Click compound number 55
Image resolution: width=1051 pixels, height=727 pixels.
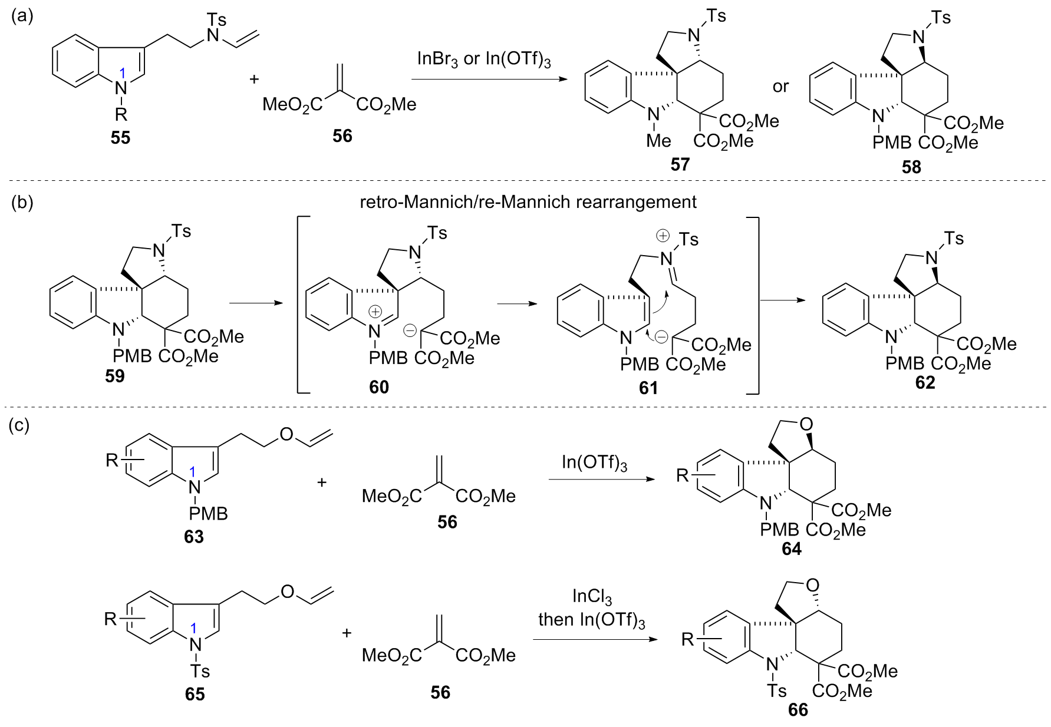click(x=120, y=138)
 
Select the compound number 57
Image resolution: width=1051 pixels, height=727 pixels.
click(x=680, y=164)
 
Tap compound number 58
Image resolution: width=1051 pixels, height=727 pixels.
click(x=911, y=167)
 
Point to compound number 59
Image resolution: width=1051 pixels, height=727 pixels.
click(x=115, y=376)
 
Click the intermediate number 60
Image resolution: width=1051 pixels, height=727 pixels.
click(x=379, y=387)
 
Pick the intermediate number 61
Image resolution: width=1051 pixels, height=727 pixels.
click(x=648, y=388)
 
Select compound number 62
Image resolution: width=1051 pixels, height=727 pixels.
click(x=925, y=383)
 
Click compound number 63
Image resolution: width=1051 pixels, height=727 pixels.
click(x=194, y=537)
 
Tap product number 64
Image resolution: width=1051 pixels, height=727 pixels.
click(x=792, y=549)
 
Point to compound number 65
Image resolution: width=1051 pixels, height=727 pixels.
click(x=195, y=694)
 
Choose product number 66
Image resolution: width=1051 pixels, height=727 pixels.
click(x=798, y=710)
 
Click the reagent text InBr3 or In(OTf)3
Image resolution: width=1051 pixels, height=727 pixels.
click(x=483, y=60)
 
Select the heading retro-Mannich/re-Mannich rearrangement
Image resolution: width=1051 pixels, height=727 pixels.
click(x=528, y=202)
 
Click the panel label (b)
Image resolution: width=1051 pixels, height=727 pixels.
click(x=22, y=202)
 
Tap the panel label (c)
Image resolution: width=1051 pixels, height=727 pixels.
click(x=19, y=425)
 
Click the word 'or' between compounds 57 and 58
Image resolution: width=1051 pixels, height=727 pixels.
click(x=780, y=87)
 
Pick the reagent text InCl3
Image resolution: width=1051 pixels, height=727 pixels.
click(x=592, y=597)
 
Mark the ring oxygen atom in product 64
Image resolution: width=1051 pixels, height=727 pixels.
click(x=806, y=424)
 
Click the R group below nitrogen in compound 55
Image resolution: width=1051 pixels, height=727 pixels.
click(x=121, y=113)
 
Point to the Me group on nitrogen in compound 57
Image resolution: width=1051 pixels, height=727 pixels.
click(x=658, y=141)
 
